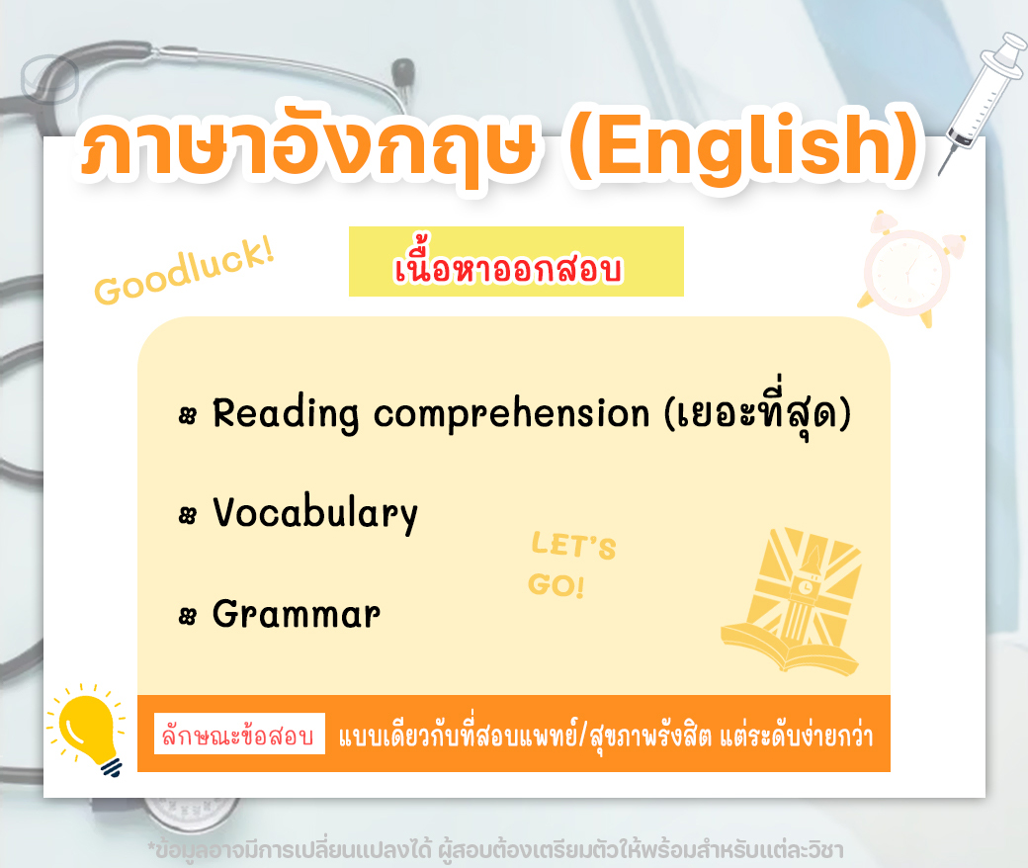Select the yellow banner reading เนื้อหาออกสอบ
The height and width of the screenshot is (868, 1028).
click(x=516, y=262)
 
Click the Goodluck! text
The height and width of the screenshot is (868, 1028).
click(x=184, y=271)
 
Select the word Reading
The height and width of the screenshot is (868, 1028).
click(x=286, y=415)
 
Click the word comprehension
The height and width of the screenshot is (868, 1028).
click(x=511, y=415)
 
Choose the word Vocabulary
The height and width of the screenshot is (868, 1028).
click(x=315, y=513)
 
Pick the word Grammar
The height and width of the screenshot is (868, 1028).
click(x=297, y=615)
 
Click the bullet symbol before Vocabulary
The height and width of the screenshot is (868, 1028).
click(x=188, y=515)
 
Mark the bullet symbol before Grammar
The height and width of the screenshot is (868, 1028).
click(x=188, y=616)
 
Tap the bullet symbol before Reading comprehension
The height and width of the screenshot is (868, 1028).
click(x=188, y=415)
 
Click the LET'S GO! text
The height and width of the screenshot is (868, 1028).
click(x=572, y=564)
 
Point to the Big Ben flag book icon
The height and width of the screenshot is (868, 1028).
click(x=793, y=600)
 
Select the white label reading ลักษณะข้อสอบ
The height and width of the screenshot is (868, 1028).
click(x=239, y=734)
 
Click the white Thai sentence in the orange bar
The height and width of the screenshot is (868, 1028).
click(x=606, y=735)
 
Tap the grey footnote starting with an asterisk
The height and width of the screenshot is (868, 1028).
click(x=495, y=850)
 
